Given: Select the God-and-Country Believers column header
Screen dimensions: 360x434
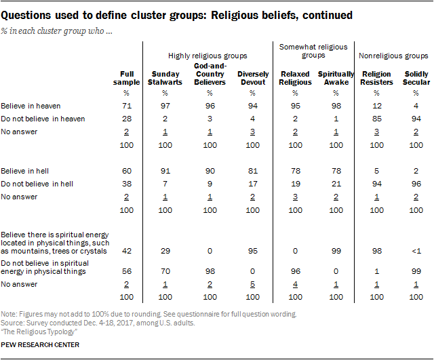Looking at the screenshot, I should (210, 74).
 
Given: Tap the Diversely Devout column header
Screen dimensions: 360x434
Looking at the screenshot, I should (253, 78).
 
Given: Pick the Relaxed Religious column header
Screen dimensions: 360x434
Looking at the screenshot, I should (295, 78).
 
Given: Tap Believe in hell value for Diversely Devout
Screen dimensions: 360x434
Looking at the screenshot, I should (253, 172).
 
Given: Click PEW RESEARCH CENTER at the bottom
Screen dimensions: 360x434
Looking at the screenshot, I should (40, 346).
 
